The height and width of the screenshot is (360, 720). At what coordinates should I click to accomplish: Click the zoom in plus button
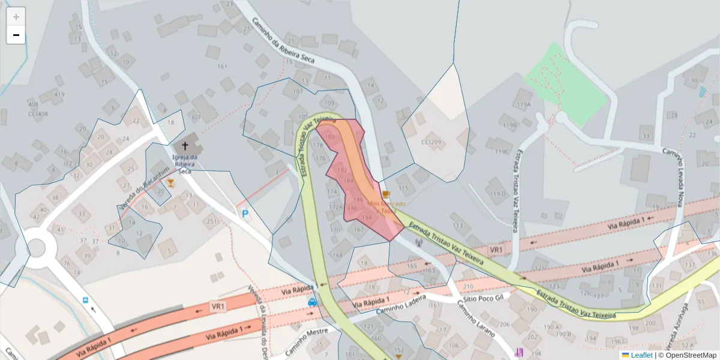pyautogui.click(x=16, y=16)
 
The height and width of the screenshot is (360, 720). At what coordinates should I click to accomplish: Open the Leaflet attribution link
pyautogui.click(x=641, y=355)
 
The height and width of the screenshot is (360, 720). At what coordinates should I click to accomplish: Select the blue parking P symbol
pyautogui.click(x=245, y=214)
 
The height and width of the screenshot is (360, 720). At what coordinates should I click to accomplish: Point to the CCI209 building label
pyautogui.click(x=431, y=142)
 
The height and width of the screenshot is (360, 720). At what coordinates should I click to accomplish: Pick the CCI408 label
pyautogui.click(x=38, y=113)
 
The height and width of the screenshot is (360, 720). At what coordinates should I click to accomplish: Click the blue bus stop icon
pyautogui.click(x=85, y=300)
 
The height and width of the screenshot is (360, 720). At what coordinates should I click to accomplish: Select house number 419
pyautogui.click(x=59, y=94)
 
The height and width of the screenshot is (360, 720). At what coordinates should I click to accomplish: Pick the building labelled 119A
pyautogui.click(x=523, y=104)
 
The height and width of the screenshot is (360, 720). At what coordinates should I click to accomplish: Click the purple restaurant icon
pyautogui.click(x=519, y=352)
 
